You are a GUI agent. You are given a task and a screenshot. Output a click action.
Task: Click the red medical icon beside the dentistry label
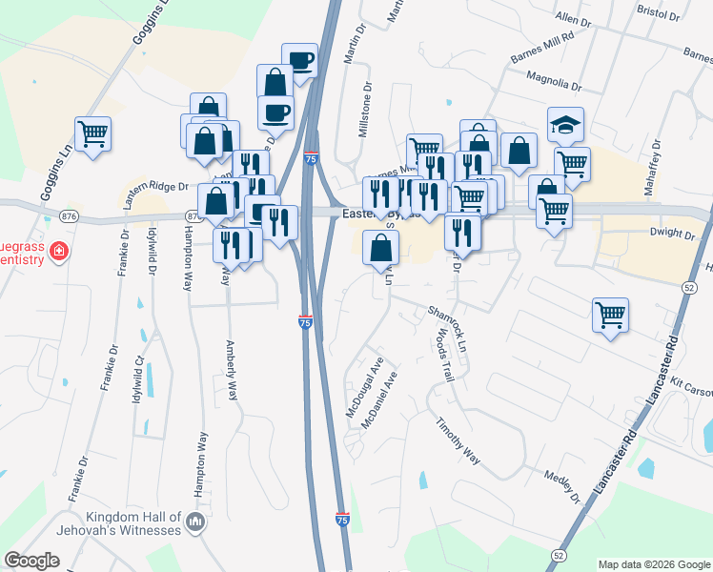pos(59,252)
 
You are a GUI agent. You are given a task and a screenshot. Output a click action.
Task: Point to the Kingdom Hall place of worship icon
pos(195,521)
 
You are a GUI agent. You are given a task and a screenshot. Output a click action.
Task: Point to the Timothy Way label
pos(458,440)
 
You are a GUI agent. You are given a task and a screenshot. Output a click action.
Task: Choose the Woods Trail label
pos(445,357)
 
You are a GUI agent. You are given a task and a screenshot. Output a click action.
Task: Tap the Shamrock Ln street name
pos(447,327)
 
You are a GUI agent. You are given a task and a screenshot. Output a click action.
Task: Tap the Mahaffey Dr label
pos(651,173)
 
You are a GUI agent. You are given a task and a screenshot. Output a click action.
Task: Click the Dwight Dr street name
pos(673,233)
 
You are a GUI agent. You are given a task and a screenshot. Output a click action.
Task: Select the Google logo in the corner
pos(32,561)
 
